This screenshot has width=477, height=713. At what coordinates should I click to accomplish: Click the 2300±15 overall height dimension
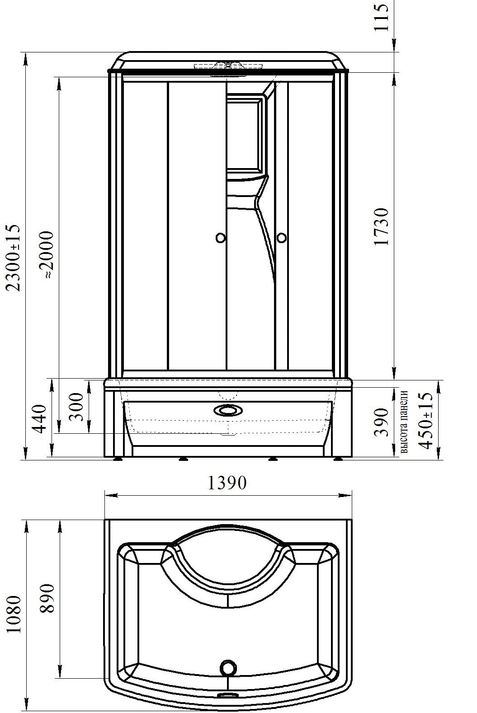tap(14, 258)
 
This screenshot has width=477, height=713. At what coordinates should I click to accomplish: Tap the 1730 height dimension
tap(382, 226)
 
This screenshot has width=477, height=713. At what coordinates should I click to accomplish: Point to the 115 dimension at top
tap(382, 17)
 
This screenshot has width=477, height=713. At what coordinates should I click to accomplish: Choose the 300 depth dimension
tap(76, 407)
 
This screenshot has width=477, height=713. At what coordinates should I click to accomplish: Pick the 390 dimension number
tap(382, 422)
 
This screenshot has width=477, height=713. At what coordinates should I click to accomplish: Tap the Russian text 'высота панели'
tap(404, 421)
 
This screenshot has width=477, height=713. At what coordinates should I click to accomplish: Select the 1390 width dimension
tap(227, 483)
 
